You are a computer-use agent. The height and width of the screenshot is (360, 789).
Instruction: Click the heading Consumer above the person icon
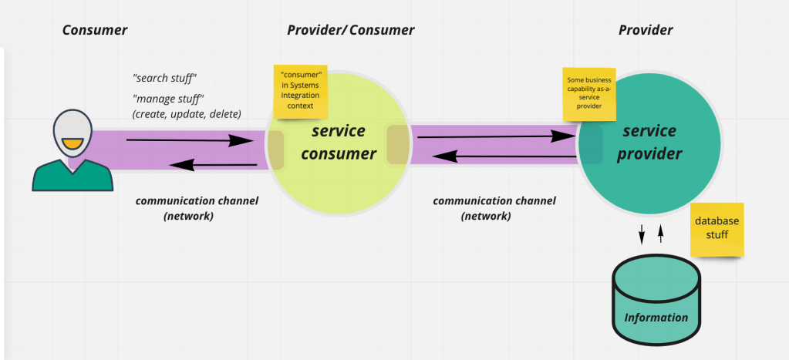[94, 31]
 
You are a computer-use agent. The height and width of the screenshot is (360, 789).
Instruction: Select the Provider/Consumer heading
[350, 31]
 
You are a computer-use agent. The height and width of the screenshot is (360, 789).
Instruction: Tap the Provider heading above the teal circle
[646, 31]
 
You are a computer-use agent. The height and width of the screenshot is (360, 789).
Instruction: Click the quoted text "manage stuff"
[167, 99]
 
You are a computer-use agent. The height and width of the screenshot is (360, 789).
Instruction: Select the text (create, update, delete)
[187, 114]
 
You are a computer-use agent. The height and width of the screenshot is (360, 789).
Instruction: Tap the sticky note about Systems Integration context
[300, 90]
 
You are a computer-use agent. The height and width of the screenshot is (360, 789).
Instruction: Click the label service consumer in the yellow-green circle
[338, 142]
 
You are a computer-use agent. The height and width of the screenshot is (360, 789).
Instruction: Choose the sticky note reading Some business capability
[589, 93]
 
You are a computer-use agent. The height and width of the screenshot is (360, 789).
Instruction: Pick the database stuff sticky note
[717, 229]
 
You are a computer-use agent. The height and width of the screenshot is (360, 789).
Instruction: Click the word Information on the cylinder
[656, 318]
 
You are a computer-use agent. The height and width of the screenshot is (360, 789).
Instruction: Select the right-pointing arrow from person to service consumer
[190, 140]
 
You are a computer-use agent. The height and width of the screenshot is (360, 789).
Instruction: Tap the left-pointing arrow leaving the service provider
[504, 156]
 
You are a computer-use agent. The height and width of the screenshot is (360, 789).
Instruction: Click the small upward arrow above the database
[660, 234]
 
